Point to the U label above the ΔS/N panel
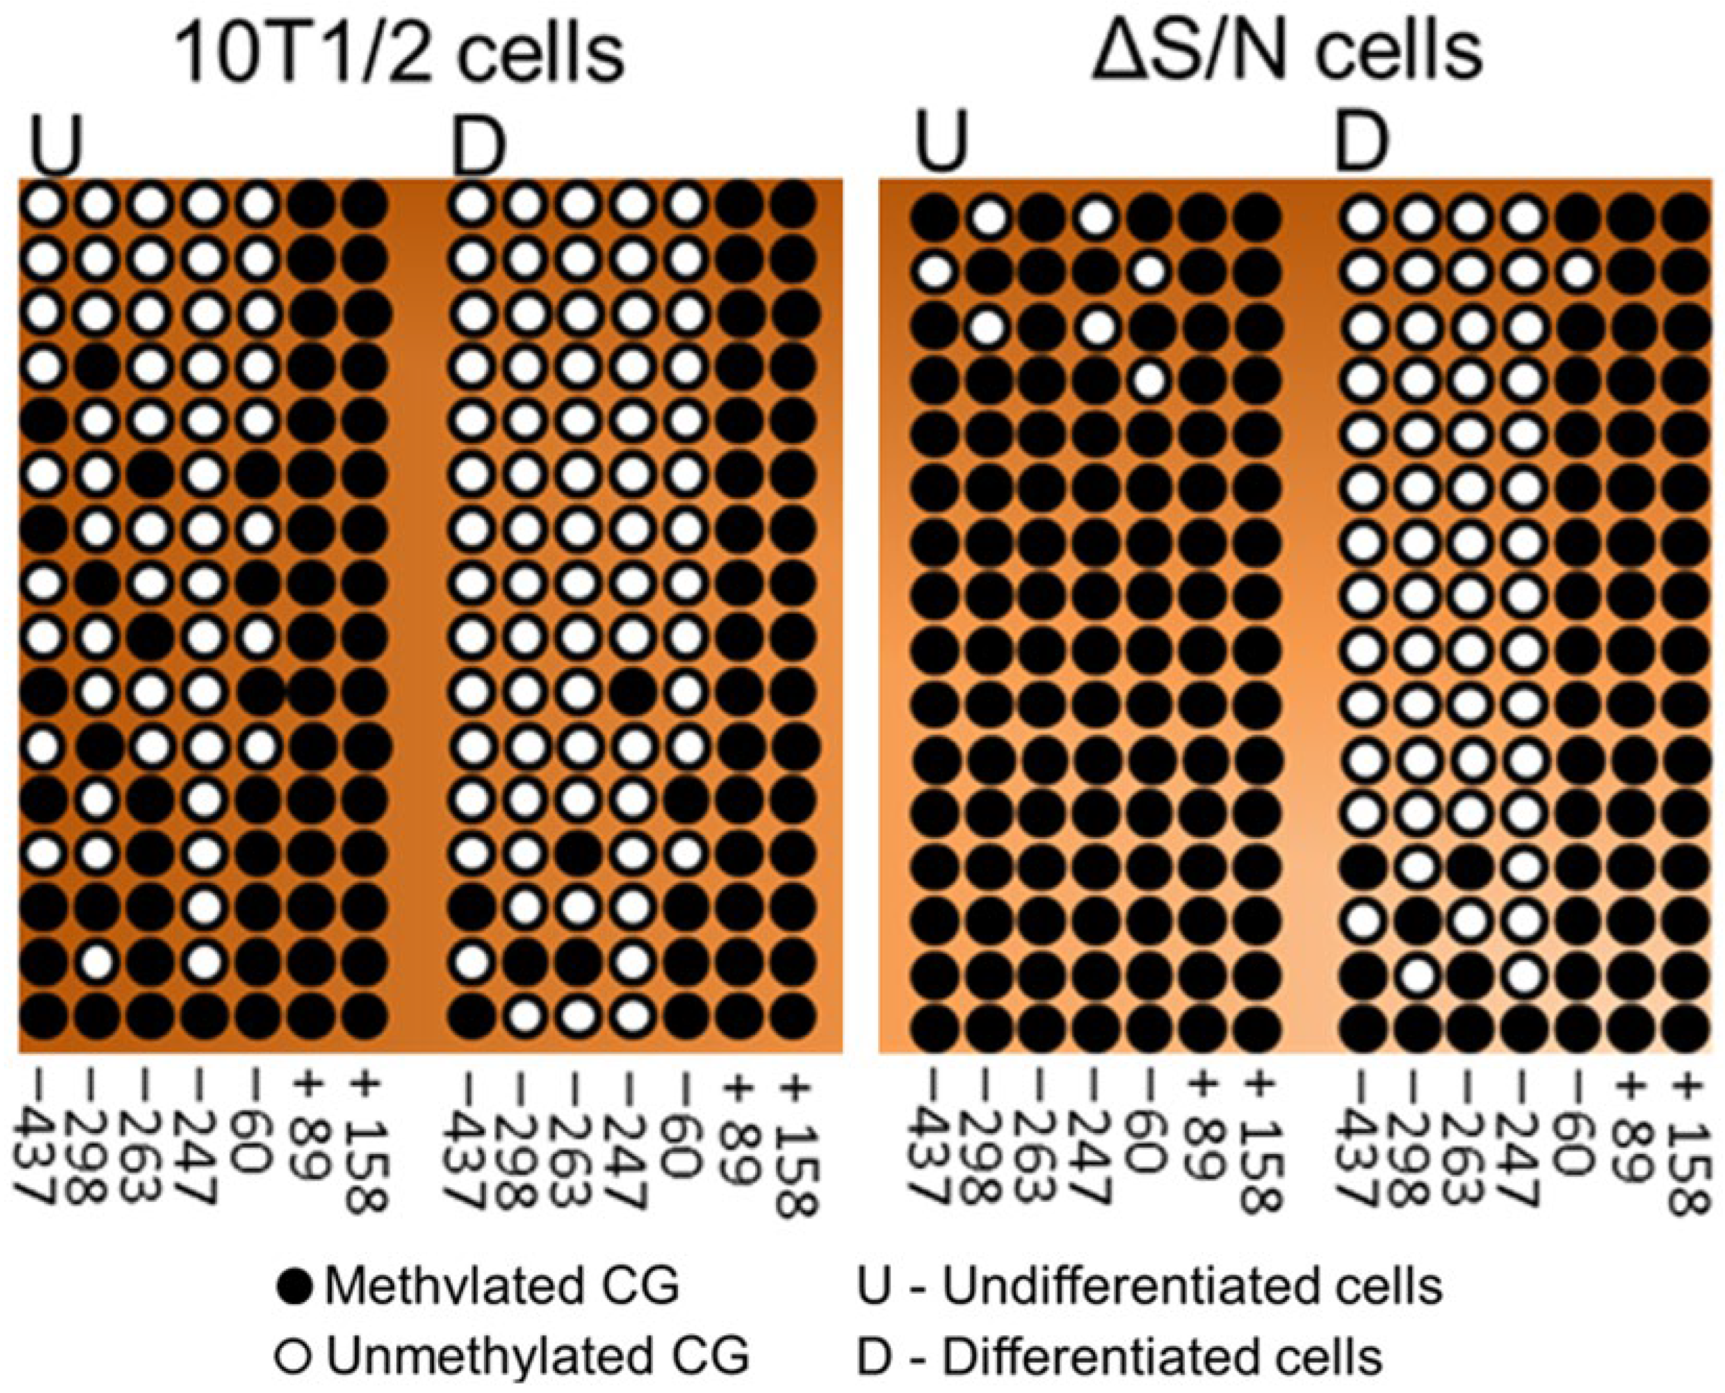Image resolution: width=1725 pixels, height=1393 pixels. pos(942,146)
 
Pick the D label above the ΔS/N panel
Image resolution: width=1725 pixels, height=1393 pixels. pos(1362,144)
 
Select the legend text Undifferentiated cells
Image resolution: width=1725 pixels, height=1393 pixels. pos(1191,1286)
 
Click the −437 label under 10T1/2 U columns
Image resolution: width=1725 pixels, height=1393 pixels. pos(37,1144)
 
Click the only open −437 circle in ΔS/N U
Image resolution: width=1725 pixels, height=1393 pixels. pos(934,272)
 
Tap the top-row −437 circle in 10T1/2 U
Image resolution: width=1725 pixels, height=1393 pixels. pos(44,205)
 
